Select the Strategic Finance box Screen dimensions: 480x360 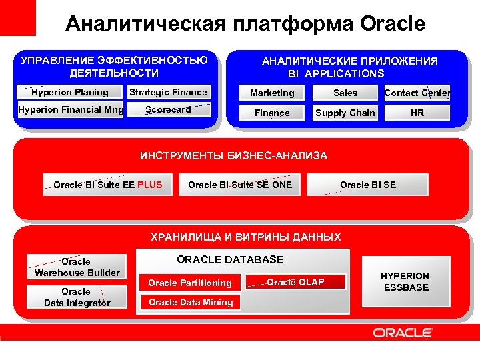click(x=168, y=92)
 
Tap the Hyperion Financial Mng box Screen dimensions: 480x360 click(x=71, y=109)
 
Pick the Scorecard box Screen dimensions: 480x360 click(x=168, y=109)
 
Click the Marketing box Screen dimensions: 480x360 click(x=272, y=93)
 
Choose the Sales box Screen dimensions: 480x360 click(x=345, y=93)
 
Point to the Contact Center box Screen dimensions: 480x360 click(x=417, y=93)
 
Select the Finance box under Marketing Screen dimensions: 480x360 click(x=272, y=113)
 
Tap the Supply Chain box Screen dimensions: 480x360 click(x=345, y=113)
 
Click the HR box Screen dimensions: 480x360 click(x=417, y=113)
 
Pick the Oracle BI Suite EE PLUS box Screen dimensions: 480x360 click(x=107, y=185)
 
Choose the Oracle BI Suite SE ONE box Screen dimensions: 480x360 click(x=240, y=185)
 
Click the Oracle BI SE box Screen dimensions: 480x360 click(x=368, y=185)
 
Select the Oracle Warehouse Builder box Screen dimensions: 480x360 click(x=77, y=267)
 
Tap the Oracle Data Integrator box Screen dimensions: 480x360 click(x=77, y=297)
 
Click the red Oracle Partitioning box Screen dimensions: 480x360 click(x=190, y=283)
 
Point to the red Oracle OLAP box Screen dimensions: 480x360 click(x=296, y=282)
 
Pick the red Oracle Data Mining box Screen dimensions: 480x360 click(x=191, y=302)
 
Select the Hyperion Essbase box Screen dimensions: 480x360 click(x=405, y=281)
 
